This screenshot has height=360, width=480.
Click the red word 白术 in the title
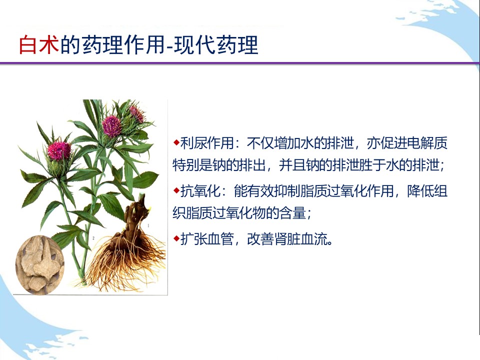(39, 45)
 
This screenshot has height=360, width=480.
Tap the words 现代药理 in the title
(216, 45)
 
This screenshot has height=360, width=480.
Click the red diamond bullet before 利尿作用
(176, 142)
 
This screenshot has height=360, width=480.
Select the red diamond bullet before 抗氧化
(176, 190)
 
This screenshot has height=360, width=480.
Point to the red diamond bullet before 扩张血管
(176, 238)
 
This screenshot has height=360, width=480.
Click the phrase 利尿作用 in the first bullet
(207, 143)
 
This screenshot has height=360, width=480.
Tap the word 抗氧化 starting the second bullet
(200, 191)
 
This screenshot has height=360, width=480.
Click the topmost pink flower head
(137, 113)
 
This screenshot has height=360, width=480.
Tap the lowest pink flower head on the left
(59, 150)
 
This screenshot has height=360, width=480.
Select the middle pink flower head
(111, 126)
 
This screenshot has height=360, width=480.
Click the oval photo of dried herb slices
(40, 265)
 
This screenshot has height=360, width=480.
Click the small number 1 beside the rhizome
(148, 225)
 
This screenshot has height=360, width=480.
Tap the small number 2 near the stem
(93, 238)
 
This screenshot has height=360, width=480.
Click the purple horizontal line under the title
(240, 63)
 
